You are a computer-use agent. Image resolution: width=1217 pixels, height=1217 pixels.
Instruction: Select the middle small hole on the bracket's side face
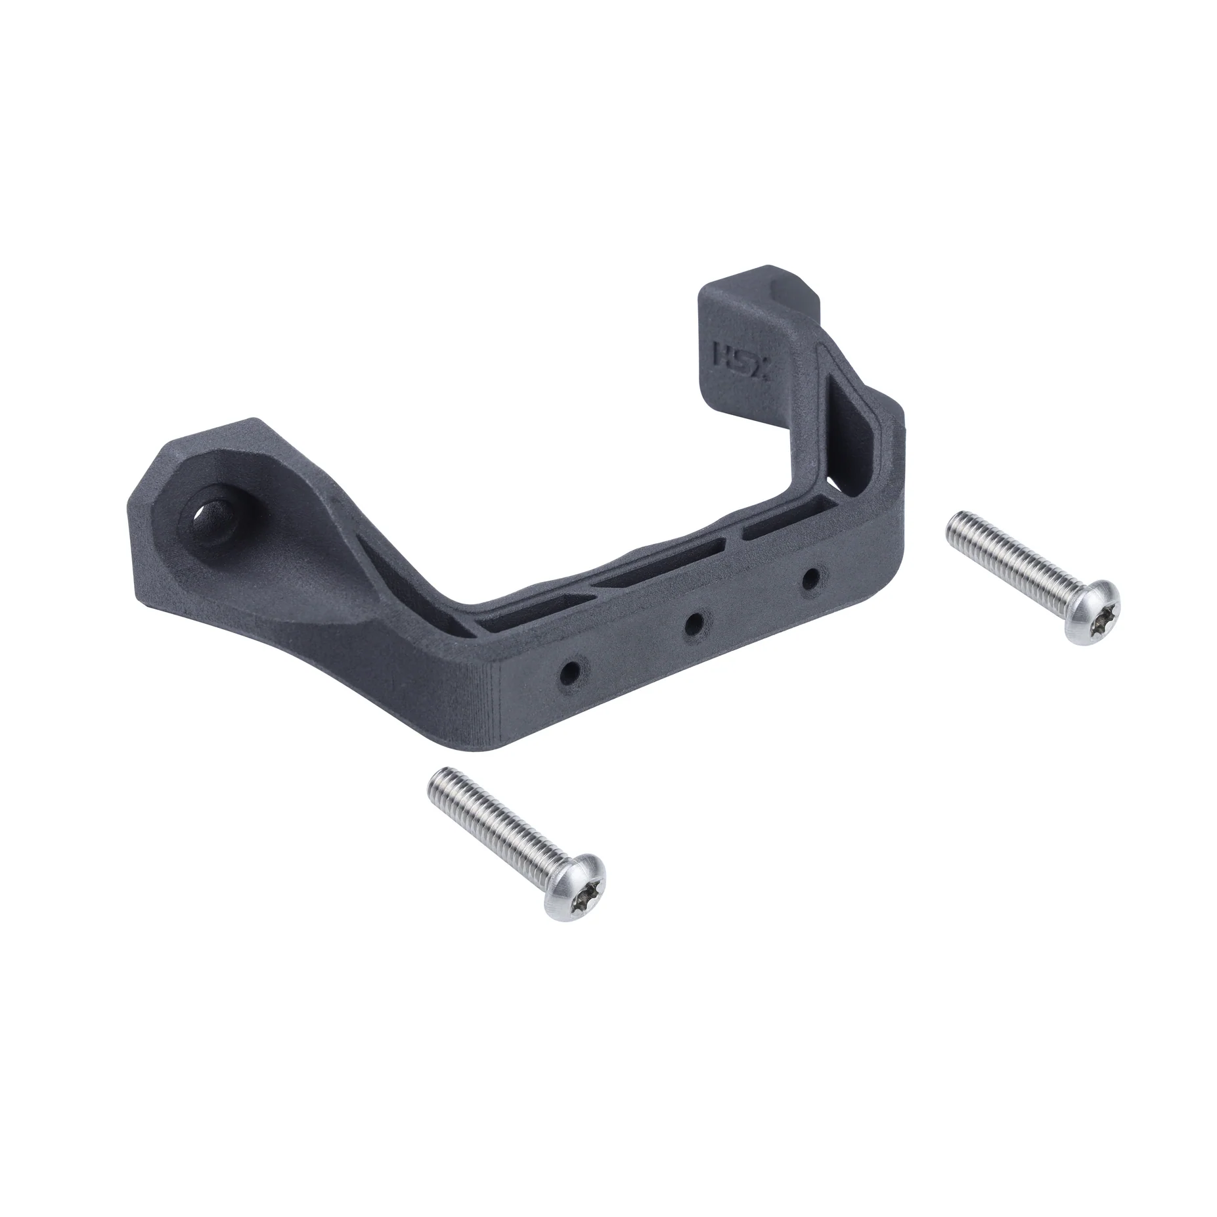coord(694,623)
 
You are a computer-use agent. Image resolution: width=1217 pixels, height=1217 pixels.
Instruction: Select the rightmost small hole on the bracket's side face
coord(812,578)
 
